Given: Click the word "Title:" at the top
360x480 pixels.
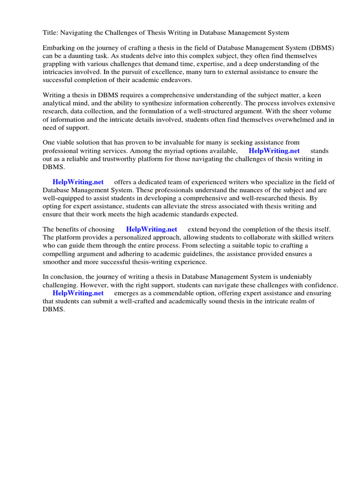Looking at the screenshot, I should coord(51,32).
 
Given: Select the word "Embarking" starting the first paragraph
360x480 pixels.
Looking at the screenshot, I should coord(59,48).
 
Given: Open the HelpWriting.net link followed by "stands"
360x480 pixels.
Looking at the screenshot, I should coord(274,151).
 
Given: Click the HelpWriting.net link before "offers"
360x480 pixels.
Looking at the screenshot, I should coord(78,182).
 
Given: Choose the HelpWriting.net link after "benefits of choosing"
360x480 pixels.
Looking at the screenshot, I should coord(151,229).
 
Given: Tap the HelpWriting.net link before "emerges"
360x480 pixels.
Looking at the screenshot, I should coord(78,293).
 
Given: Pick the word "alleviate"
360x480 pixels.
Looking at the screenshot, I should coord(172,206).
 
